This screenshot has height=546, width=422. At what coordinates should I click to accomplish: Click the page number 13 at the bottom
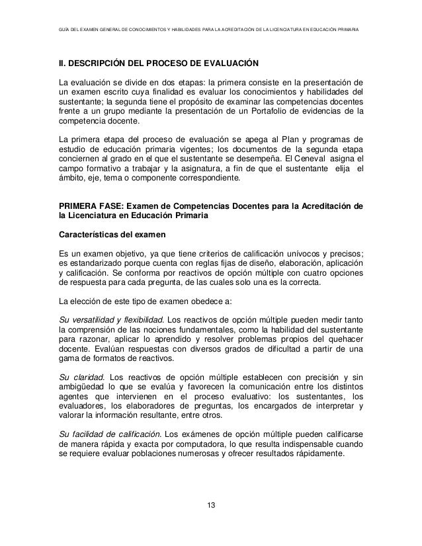click(210, 506)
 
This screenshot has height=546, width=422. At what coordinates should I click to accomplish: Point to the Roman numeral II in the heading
click(62, 63)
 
